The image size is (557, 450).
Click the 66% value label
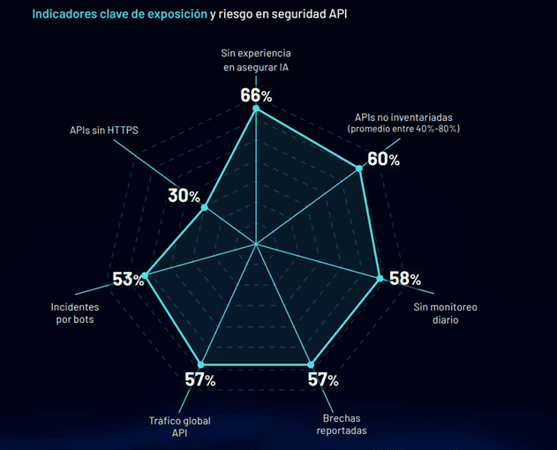pyautogui.click(x=255, y=94)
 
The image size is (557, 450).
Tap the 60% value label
pyautogui.click(x=383, y=159)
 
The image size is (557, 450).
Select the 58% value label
pyautogui.click(x=404, y=279)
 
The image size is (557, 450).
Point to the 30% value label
pyautogui.click(x=184, y=196)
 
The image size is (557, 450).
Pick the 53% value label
pyautogui.click(x=128, y=279)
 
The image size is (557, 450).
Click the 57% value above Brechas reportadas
pyautogui.click(x=322, y=379)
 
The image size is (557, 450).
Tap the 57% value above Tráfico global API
pyautogui.click(x=199, y=379)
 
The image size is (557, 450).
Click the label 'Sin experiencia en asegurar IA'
pyautogui.click(x=255, y=61)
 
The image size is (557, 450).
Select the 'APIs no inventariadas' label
pyautogui.click(x=403, y=117)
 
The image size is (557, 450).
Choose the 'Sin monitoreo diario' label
pyautogui.click(x=445, y=313)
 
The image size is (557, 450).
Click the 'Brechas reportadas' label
pyautogui.click(x=342, y=424)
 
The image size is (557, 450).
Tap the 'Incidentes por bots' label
pyautogui.click(x=75, y=313)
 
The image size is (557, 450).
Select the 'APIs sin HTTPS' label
pyautogui.click(x=104, y=130)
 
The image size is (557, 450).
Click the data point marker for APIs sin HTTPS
pyautogui.click(x=205, y=208)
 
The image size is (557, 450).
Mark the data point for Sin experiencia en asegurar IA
pyautogui.click(x=256, y=109)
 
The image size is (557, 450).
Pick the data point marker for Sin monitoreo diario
pyautogui.click(x=380, y=278)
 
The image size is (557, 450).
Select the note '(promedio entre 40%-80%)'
pyautogui.click(x=404, y=129)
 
